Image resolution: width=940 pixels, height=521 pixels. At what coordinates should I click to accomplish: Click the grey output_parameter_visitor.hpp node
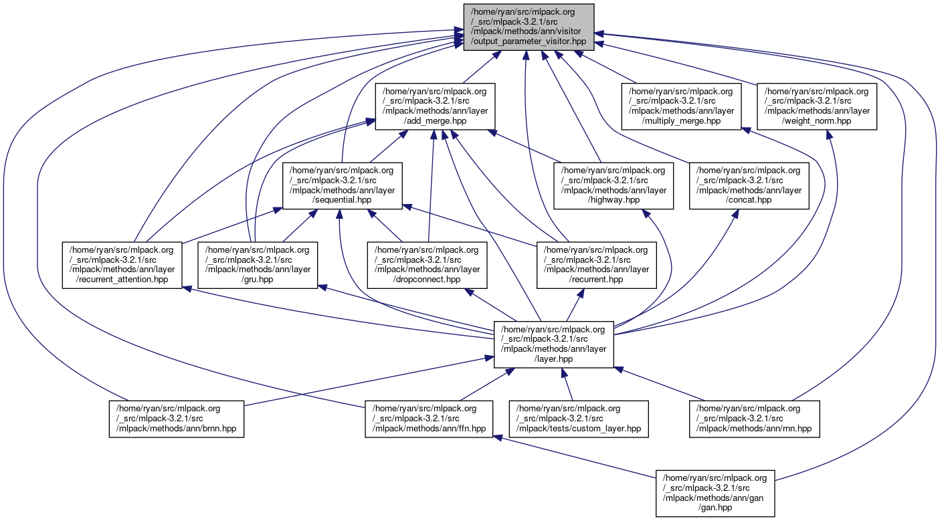[529, 25]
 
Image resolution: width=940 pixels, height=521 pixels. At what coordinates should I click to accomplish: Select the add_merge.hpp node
[435, 106]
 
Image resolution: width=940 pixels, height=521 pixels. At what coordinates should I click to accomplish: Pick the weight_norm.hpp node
[817, 106]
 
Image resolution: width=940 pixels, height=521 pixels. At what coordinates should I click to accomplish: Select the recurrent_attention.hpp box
[122, 265]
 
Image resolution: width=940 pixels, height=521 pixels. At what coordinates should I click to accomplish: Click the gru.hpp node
[257, 265]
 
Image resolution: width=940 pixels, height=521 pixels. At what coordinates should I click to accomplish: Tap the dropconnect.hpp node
[428, 265]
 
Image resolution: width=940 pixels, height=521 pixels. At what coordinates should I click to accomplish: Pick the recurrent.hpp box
[596, 265]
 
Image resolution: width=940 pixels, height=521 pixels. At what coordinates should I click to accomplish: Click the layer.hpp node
[554, 344]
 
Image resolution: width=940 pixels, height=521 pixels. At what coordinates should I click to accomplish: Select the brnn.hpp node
[176, 419]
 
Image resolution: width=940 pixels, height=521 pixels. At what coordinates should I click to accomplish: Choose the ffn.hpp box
[429, 419]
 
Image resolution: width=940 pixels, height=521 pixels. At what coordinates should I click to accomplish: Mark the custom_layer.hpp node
[579, 419]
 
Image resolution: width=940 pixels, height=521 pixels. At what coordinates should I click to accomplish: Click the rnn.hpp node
[754, 419]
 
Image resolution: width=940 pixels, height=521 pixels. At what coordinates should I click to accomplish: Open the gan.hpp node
[715, 493]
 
